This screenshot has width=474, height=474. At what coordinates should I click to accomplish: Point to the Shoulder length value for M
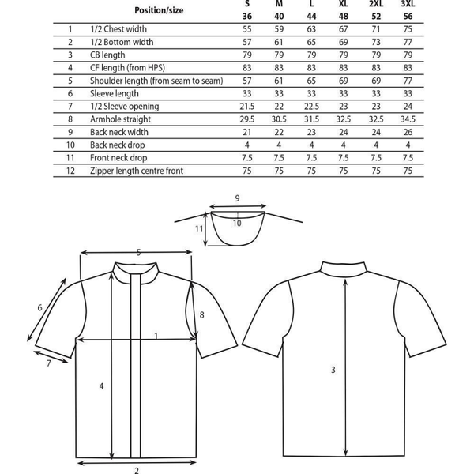click(x=279, y=81)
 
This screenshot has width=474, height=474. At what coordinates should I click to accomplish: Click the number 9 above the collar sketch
click(x=237, y=198)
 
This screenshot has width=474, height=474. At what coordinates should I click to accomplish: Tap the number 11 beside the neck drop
click(x=200, y=228)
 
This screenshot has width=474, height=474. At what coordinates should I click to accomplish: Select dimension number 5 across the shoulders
click(x=138, y=253)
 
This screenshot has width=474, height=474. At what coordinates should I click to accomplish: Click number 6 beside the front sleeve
click(x=39, y=307)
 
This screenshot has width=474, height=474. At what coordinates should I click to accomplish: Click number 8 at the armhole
click(x=202, y=314)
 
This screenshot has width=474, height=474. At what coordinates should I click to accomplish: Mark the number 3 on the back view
click(x=333, y=369)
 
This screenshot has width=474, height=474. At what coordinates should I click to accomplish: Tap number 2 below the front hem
click(x=137, y=467)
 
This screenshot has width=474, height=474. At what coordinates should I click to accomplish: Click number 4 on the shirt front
click(x=101, y=386)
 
